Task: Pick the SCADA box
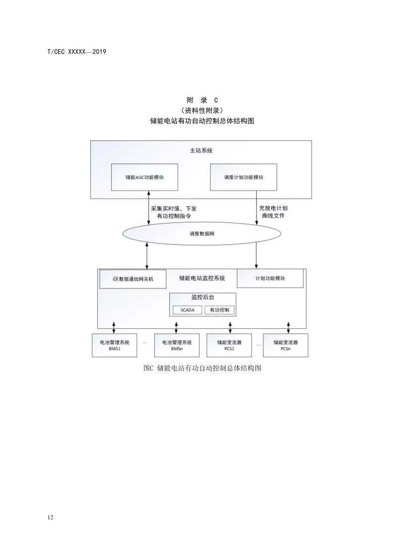click(187, 310)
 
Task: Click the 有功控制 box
click(220, 310)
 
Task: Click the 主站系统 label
click(201, 151)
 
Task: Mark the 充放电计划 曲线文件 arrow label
click(273, 212)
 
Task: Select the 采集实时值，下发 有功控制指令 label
click(174, 212)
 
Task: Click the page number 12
click(50, 517)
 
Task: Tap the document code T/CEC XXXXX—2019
click(77, 52)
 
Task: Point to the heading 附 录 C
click(202, 100)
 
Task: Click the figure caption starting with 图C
click(202, 368)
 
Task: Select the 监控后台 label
click(203, 297)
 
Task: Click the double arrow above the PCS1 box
click(231, 328)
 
